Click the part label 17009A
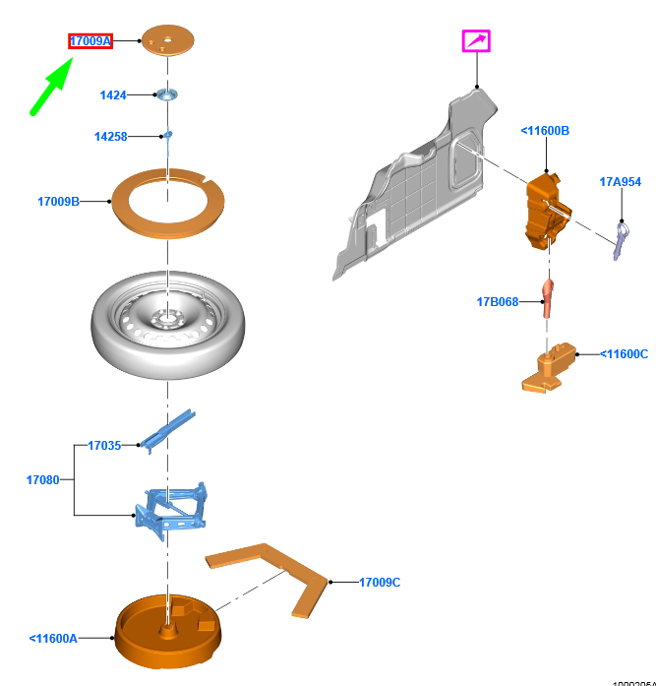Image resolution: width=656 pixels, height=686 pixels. pyautogui.click(x=89, y=41)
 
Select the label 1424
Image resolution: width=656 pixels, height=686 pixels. pyautogui.click(x=113, y=95)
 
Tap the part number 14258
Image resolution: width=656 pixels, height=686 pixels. pyautogui.click(x=111, y=137)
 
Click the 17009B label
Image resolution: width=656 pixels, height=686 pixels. pyautogui.click(x=58, y=202)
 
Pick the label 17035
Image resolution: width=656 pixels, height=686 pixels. pyautogui.click(x=104, y=446)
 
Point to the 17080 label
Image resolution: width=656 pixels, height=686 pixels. pyautogui.click(x=42, y=480)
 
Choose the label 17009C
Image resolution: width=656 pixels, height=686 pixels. pyautogui.click(x=380, y=583)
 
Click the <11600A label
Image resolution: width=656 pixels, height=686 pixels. pyautogui.click(x=53, y=638)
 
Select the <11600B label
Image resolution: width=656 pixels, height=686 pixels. pyautogui.click(x=545, y=131)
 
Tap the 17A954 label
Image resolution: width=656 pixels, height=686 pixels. pyautogui.click(x=620, y=182)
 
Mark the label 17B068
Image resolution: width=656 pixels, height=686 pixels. pyautogui.click(x=497, y=301)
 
